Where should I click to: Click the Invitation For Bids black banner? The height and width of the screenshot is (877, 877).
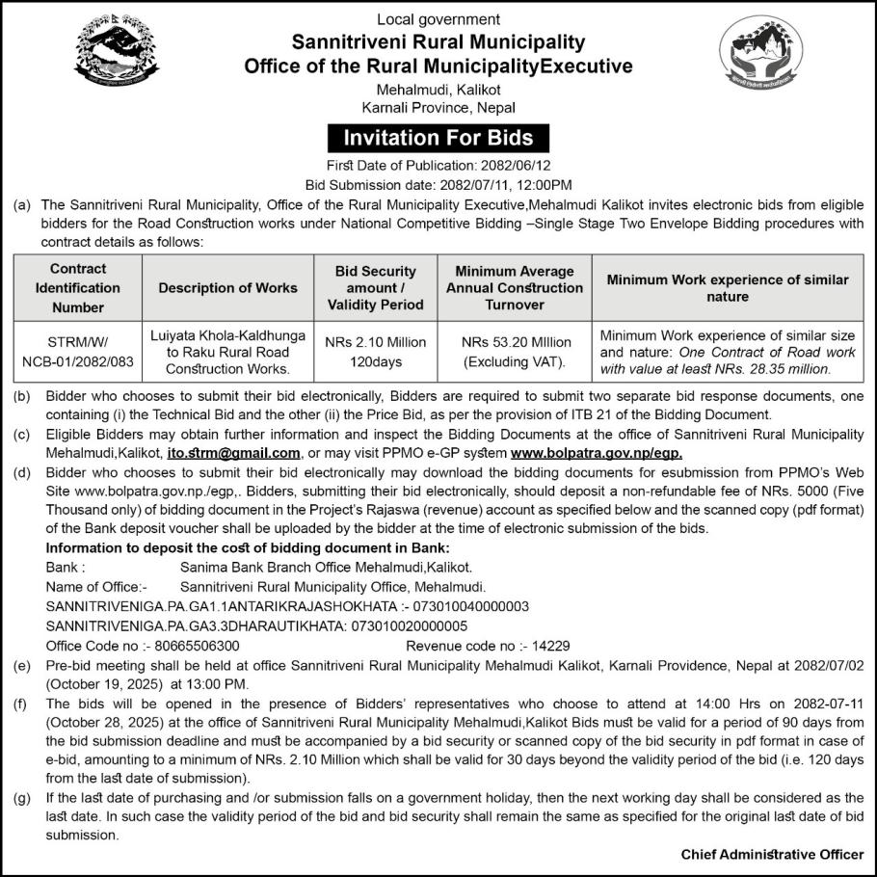pyautogui.click(x=438, y=139)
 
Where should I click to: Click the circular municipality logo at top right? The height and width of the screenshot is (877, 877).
pyautogui.click(x=760, y=57)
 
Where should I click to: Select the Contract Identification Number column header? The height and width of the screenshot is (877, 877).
pyautogui.click(x=78, y=287)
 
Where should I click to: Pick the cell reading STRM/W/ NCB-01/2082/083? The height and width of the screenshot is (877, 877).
pyautogui.click(x=78, y=352)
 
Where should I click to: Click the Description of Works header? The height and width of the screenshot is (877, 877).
pyautogui.click(x=228, y=287)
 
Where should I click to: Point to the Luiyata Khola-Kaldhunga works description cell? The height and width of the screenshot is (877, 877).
pyautogui.click(x=228, y=352)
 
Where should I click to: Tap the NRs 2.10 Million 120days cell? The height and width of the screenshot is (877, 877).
pyautogui.click(x=376, y=352)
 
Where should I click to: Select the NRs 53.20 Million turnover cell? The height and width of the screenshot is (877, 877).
pyautogui.click(x=516, y=352)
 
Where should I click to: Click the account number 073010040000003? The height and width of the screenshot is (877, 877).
pyautogui.click(x=471, y=607)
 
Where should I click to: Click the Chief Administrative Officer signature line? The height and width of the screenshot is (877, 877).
pyautogui.click(x=772, y=854)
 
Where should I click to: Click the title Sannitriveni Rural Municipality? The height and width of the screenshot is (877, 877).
pyautogui.click(x=438, y=42)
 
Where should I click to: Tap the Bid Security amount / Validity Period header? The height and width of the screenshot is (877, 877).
pyautogui.click(x=376, y=287)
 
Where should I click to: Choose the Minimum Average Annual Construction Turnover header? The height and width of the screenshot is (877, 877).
pyautogui.click(x=516, y=287)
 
